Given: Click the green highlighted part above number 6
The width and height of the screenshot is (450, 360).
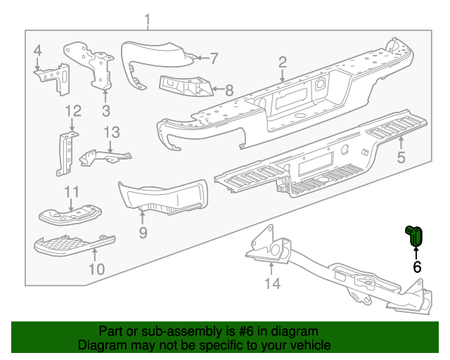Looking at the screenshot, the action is (414, 236).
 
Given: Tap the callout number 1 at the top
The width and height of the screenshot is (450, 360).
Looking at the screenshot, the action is (148, 20).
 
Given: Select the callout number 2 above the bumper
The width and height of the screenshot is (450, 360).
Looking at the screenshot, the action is (283, 63).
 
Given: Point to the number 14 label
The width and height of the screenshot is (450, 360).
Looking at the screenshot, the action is (272, 283).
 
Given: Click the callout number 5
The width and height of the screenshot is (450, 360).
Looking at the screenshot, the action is (401, 157).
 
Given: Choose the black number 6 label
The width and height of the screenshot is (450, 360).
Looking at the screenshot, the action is (417, 267).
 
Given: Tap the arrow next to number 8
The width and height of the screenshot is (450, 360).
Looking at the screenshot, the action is (217, 89).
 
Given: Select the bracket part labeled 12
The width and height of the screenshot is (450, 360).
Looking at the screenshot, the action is (67, 153).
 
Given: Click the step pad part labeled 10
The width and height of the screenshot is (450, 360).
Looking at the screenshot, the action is (74, 245).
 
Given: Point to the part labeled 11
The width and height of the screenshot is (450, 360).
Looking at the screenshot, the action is (70, 214).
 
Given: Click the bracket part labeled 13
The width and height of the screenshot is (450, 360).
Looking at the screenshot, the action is (105, 157).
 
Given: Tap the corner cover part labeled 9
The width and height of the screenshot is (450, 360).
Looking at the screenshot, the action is (163, 197).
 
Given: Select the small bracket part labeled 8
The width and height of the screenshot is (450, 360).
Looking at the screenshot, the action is (186, 86).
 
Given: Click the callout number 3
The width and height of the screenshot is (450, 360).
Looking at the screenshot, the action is (106, 110).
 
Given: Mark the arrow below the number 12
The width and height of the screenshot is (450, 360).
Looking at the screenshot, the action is (72, 126).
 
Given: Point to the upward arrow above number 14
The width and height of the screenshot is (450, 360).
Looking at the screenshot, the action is (271, 269).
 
